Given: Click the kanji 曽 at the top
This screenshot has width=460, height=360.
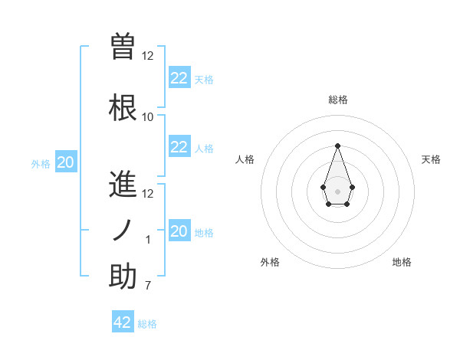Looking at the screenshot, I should coord(123,47).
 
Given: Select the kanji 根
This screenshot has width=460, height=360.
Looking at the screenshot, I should coord(123,108).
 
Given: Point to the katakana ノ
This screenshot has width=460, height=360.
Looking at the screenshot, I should coord(123,231).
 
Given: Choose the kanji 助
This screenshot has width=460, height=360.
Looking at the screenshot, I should coord(123,277).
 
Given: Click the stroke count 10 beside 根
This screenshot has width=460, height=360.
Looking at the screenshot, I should coord(148,117).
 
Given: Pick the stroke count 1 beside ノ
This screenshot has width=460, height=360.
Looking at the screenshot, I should coord(148,240).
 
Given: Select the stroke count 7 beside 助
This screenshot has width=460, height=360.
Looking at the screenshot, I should coord(148,286).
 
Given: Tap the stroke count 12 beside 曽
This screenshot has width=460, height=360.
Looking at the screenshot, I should coord(148,56).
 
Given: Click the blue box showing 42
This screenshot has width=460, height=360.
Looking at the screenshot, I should coord(123,322).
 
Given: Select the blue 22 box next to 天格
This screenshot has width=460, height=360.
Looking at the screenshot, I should coord(179,78).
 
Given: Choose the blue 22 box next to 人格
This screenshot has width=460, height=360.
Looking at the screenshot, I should coord(179,147).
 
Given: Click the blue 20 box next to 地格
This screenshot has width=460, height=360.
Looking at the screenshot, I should coord(179,231).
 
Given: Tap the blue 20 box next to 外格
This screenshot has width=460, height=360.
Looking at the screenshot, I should coord(66,162).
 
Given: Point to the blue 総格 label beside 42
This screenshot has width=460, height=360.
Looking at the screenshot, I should coord(148,324).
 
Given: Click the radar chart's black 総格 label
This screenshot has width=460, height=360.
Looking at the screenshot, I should coord(337,100).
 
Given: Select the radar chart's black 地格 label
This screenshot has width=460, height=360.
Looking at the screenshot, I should coord(402,262).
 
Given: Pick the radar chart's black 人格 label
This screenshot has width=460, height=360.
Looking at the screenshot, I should coord(245,159).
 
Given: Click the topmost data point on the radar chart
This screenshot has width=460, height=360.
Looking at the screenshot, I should coord(337,146).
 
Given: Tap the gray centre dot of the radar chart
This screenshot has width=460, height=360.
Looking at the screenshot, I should coord(337,190).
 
